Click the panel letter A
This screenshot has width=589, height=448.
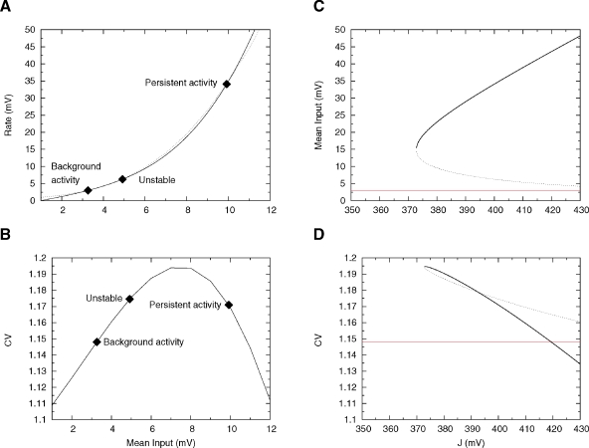pos(8,8)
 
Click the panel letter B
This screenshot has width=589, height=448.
pos(8,236)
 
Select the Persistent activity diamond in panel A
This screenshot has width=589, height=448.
pos(227,85)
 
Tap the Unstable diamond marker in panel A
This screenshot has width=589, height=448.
pos(122,179)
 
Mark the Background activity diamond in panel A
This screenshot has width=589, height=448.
pos(88,190)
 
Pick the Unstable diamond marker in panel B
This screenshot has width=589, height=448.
pos(129,299)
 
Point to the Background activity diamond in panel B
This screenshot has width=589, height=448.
pos(97,341)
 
